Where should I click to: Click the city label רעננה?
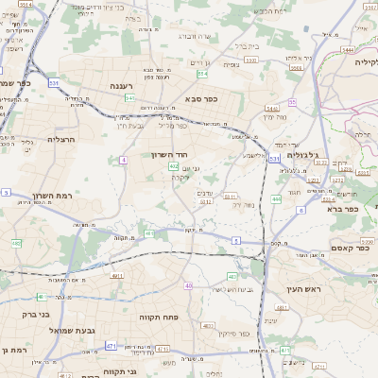(120, 86)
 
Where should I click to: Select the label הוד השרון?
(170, 153)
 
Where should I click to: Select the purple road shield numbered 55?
(293, 101)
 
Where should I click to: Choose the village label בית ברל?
(246, 44)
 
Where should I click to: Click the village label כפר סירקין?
(232, 333)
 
